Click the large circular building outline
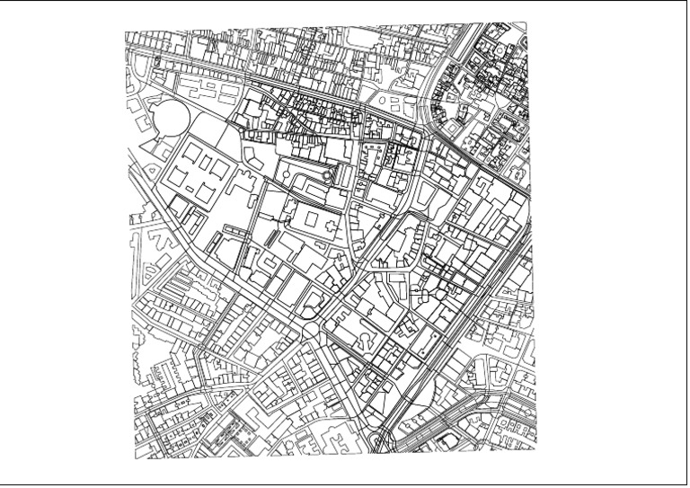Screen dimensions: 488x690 pos(171,117)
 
